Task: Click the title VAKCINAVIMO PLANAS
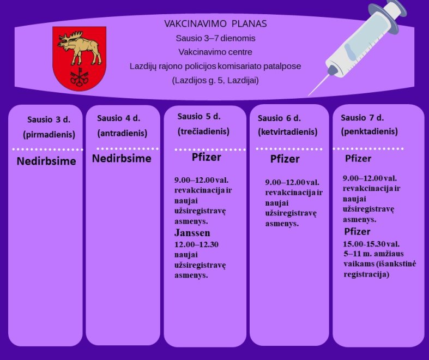click(x=215, y=24)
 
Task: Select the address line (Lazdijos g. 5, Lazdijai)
click(x=215, y=81)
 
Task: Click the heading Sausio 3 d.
click(x=49, y=119)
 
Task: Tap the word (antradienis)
click(x=122, y=133)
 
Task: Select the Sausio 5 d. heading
click(x=199, y=117)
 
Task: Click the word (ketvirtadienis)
click(x=288, y=132)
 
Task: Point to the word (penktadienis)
click(x=370, y=131)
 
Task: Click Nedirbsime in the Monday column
click(x=46, y=161)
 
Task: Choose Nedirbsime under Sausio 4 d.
click(x=122, y=159)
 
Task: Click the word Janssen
click(x=192, y=233)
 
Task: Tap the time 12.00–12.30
click(x=196, y=244)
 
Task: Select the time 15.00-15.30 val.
click(x=371, y=244)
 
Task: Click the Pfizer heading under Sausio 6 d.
click(x=285, y=159)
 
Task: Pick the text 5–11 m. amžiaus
click(x=374, y=254)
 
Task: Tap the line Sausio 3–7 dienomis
click(x=215, y=38)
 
